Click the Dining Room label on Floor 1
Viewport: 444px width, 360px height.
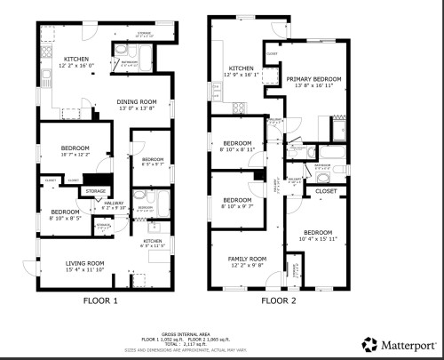[x=136, y=101]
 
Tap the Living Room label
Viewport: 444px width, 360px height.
[x=84, y=263]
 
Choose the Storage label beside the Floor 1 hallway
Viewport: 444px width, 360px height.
[x=96, y=191]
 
